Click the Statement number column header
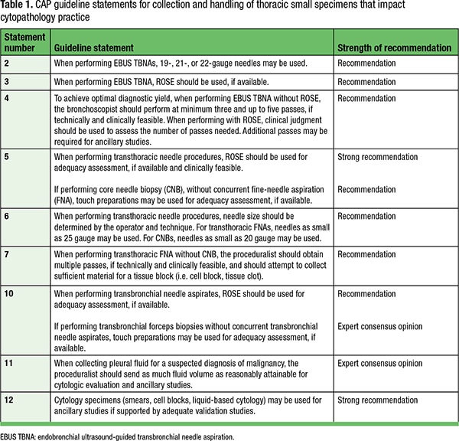[x=25, y=42]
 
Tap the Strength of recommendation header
[x=394, y=47]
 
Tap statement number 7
[x=8, y=254]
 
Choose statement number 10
[x=10, y=293]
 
